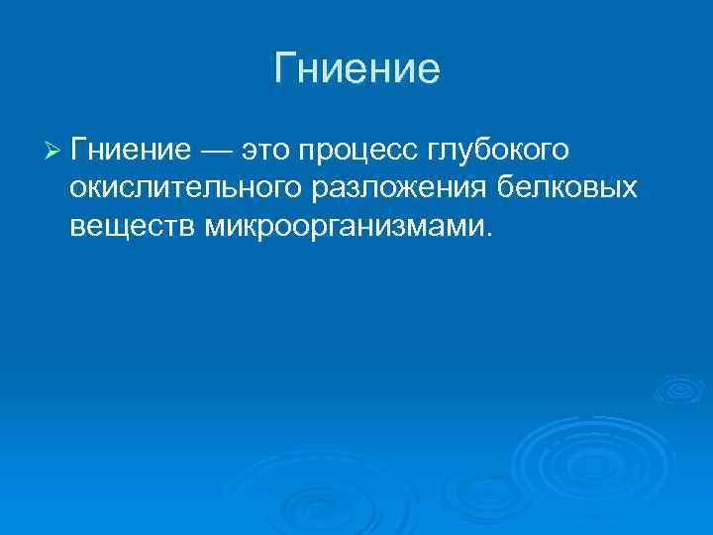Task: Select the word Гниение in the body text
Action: coord(131,150)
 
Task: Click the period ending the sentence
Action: coord(487,236)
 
